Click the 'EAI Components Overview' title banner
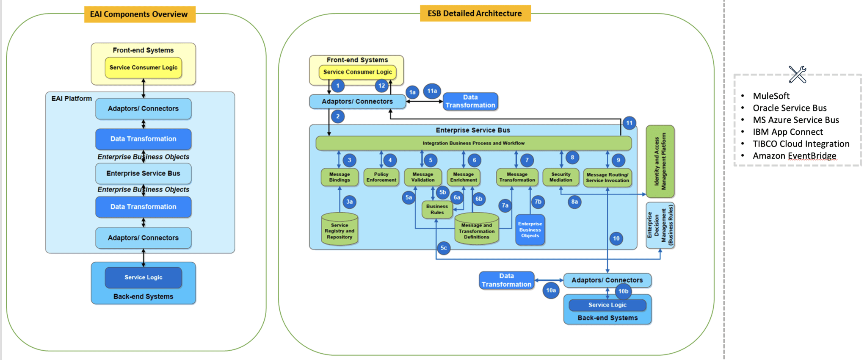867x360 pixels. tap(139, 14)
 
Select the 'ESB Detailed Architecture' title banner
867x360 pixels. tap(475, 13)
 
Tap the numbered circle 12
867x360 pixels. tap(381, 86)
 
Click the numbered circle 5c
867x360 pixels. tap(443, 248)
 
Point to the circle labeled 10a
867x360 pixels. tap(550, 291)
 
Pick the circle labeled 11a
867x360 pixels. tap(432, 91)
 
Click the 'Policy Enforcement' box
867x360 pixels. tap(381, 177)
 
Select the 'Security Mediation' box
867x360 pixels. tap(561, 177)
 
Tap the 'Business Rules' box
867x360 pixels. tap(437, 209)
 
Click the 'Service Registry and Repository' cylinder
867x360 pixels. tap(340, 231)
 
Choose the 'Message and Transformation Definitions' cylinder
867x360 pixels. tap(476, 231)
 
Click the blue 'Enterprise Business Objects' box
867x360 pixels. tap(530, 230)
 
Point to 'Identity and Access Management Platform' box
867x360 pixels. tap(660, 161)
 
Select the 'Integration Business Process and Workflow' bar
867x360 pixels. tap(473, 143)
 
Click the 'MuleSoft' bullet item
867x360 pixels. tap(771, 96)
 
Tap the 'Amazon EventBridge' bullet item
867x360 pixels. tap(794, 156)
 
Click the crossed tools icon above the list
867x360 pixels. tap(797, 75)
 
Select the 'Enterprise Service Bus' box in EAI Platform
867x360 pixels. tap(143, 173)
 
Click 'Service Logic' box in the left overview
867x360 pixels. tap(143, 277)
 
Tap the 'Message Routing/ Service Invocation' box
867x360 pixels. tap(607, 177)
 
